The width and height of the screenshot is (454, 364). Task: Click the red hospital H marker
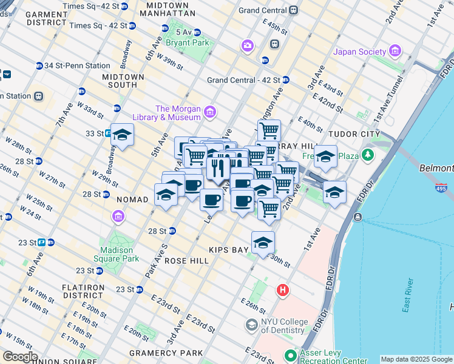point(282,291)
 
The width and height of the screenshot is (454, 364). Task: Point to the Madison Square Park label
point(117,254)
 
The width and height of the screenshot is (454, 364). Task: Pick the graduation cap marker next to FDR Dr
point(334,192)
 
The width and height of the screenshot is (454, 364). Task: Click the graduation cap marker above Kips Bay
point(263,242)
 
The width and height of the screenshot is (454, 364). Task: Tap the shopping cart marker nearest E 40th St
point(269,129)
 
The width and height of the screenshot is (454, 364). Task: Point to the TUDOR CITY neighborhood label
point(353,133)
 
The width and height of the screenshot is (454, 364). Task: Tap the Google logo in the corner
point(20,357)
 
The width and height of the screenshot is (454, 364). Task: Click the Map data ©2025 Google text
point(416,359)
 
